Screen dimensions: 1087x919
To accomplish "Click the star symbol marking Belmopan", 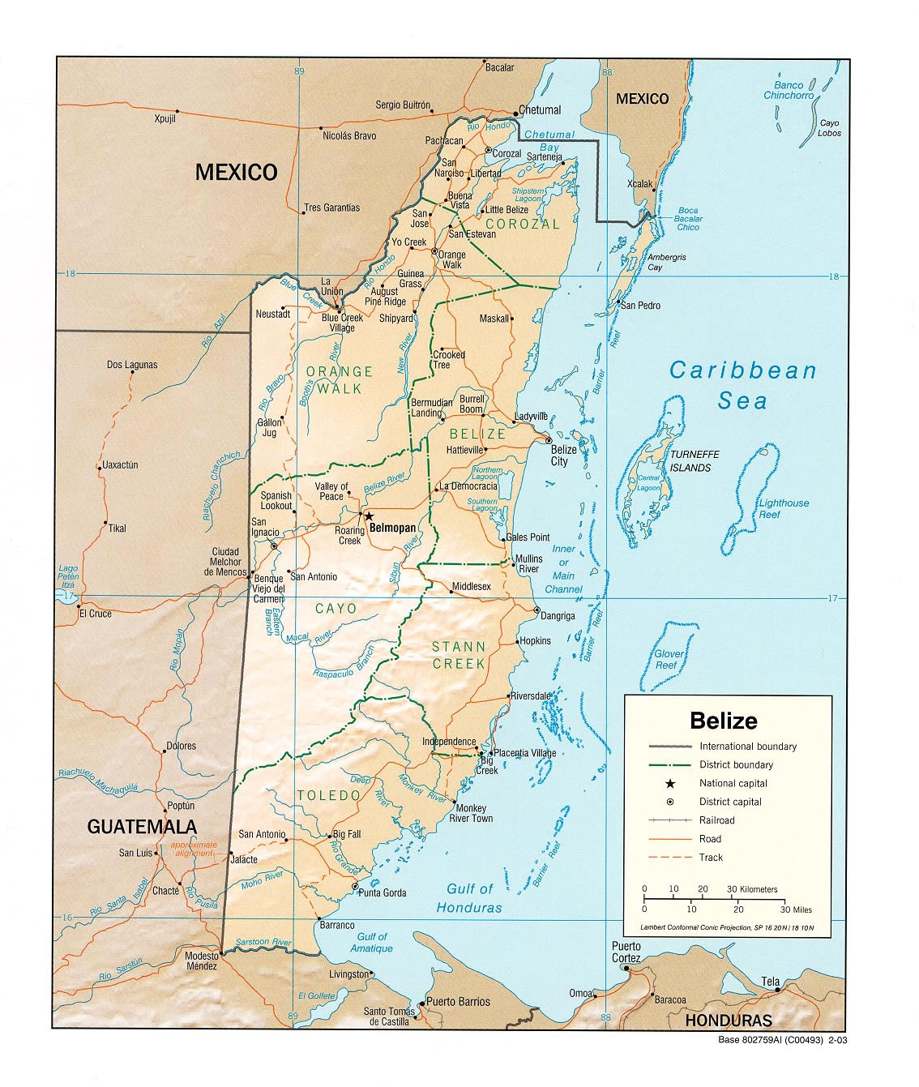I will coord(369,516).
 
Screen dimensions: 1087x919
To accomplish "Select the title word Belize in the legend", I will coord(723,721).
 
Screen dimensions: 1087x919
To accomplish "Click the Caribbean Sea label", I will coord(742,386).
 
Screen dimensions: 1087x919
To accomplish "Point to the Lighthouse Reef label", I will coord(783,508).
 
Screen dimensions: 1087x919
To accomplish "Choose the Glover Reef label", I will coord(669,659).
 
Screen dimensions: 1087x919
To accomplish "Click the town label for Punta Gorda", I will coord(383,893).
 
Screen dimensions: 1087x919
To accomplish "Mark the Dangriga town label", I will coord(558,616).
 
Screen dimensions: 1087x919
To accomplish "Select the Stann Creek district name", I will coord(459,655).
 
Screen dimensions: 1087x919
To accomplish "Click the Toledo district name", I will coord(328,795).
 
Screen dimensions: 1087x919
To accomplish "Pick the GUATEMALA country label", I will coord(142,827).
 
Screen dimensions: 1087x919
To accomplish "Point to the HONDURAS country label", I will coord(728,1021).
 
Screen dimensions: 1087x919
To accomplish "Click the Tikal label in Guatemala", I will coord(118,529).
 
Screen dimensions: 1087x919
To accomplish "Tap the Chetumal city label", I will coord(540,110).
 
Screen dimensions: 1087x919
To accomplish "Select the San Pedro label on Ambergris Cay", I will coord(640,306).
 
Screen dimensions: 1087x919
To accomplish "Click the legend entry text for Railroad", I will coord(716,820).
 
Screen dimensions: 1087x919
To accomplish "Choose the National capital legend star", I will coord(669,783).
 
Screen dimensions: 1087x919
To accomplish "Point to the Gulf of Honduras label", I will coord(469,898).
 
